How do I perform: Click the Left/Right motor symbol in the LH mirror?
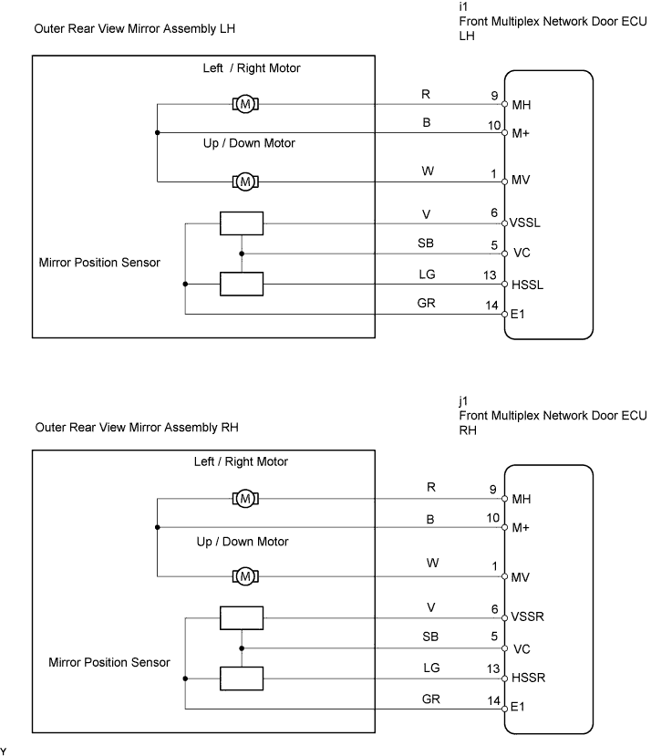coord(245,104)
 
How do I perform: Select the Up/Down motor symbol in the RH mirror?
coord(245,576)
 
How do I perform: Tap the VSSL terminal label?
coord(524,223)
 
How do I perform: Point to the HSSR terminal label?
coord(528,678)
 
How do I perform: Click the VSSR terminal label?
coord(527,616)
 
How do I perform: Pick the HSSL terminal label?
coord(527,285)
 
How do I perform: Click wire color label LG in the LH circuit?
coord(427,274)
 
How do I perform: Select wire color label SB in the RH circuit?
coord(430,637)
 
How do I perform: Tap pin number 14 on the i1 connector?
coord(491,306)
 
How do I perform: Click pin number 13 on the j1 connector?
coord(493,668)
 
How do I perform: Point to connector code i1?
coord(463,6)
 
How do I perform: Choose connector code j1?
coord(463,401)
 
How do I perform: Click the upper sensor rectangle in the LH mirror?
coord(242,223)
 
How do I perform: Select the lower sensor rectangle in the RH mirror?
coord(242,678)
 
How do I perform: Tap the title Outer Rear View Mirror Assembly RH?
coord(137,428)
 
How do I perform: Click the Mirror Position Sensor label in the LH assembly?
coord(99,263)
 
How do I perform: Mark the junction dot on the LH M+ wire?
coord(157,132)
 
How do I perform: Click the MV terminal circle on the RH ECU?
coord(504,576)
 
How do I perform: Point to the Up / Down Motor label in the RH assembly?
coord(243,542)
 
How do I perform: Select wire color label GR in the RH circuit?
coord(430,699)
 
